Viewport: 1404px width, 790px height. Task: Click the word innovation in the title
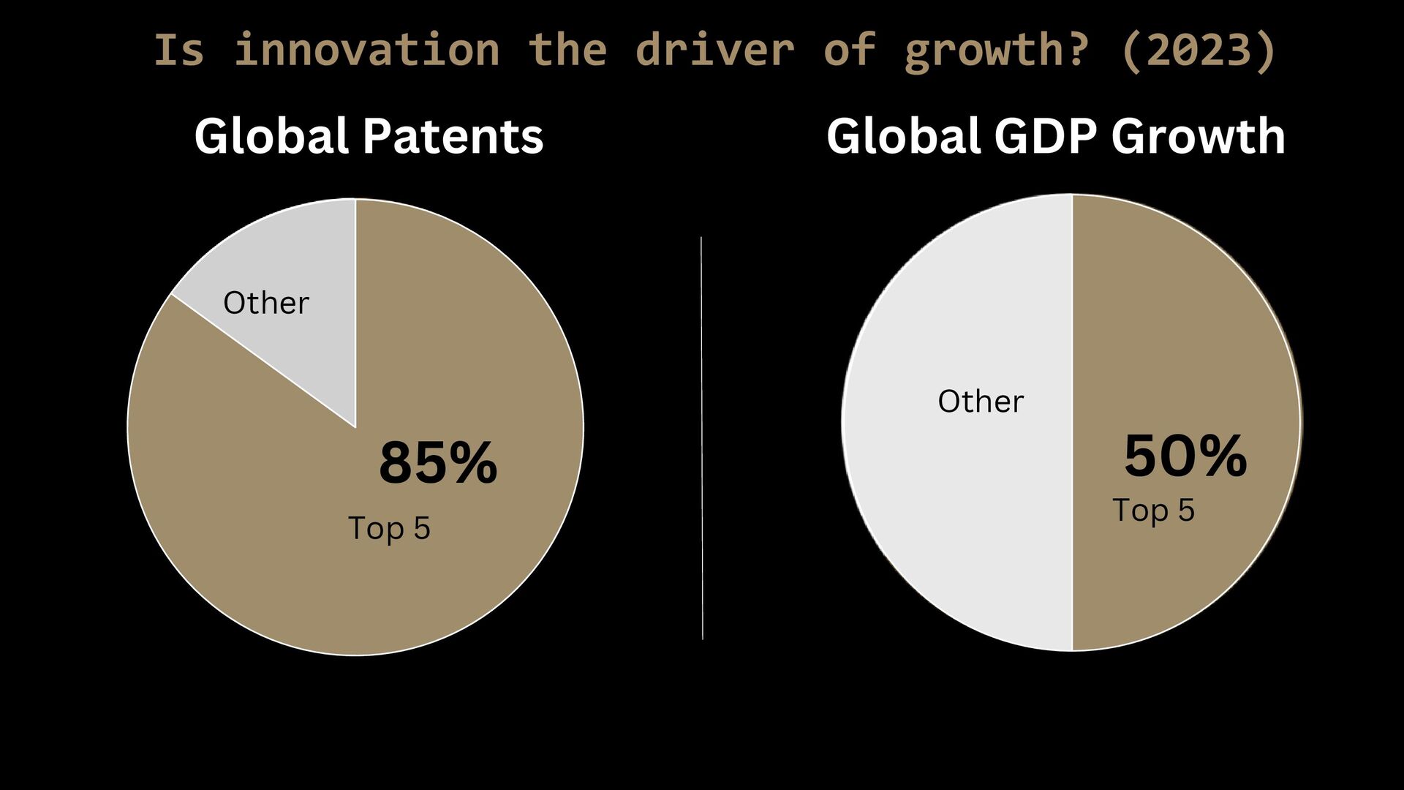click(x=366, y=49)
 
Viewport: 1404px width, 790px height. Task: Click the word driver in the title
click(x=714, y=49)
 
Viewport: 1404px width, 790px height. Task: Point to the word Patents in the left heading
click(x=453, y=137)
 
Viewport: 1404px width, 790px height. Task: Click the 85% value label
click(x=438, y=463)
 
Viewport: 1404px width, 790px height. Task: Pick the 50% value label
click(x=1185, y=456)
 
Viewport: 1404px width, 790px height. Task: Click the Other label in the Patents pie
click(x=266, y=303)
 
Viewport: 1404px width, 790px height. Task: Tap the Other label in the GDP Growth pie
click(x=981, y=401)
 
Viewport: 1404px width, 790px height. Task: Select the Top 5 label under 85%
click(x=389, y=528)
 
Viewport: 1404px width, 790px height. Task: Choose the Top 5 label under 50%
click(x=1153, y=510)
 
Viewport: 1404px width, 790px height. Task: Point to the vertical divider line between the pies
click(x=702, y=438)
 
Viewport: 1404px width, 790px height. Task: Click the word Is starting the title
click(x=179, y=49)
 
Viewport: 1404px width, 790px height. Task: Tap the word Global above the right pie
click(x=905, y=137)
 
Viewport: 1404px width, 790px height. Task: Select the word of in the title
click(x=850, y=49)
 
